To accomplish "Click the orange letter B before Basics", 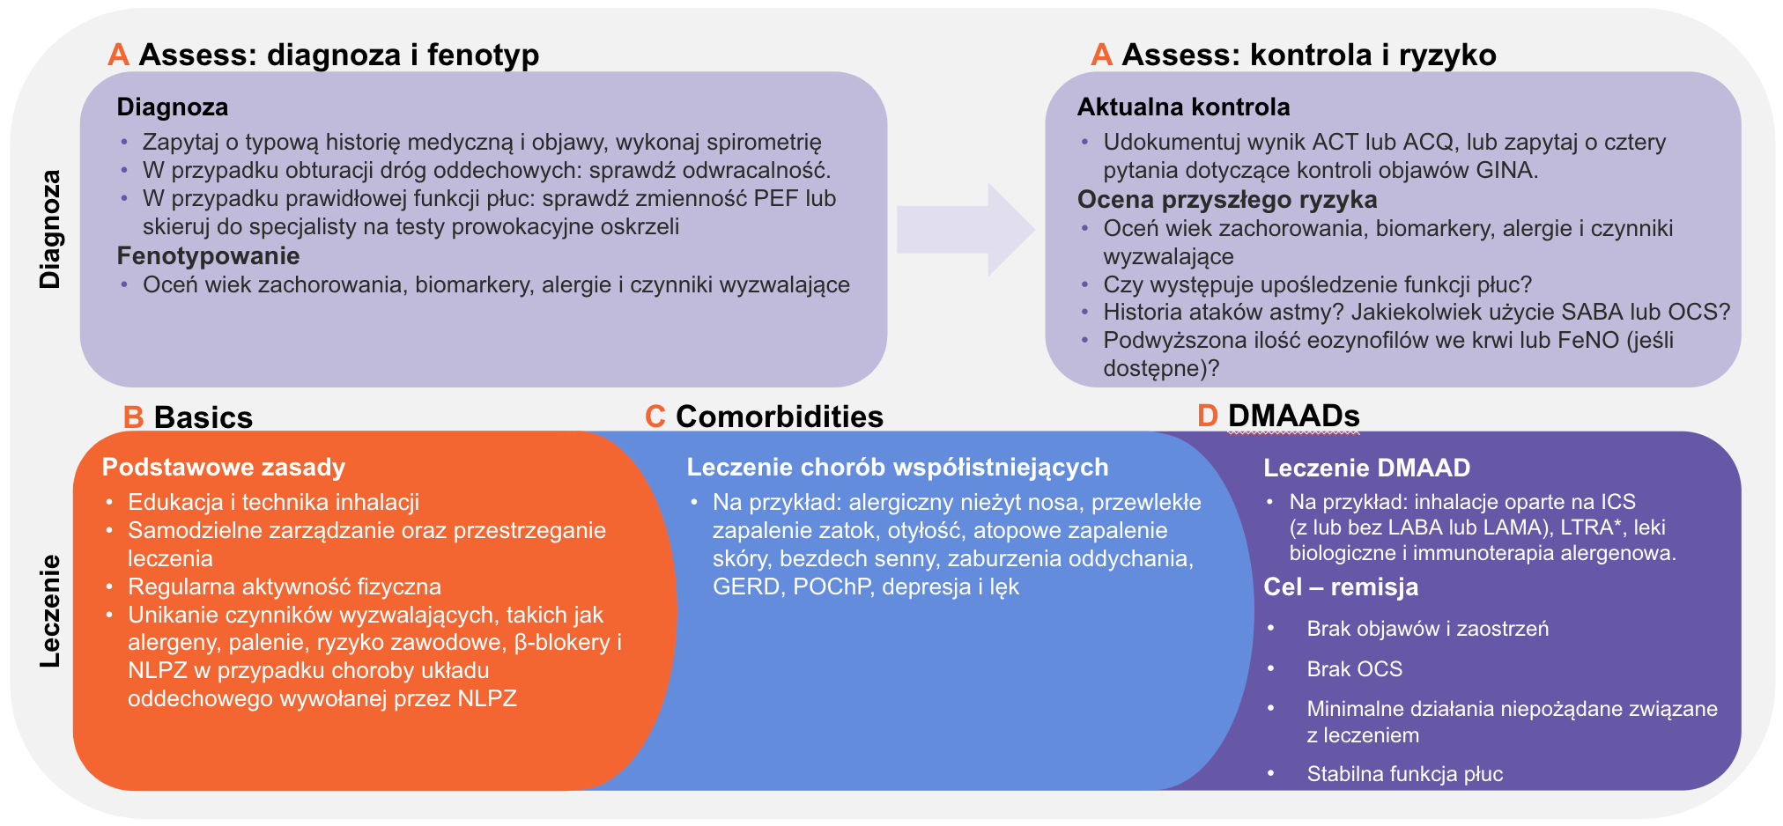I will click(x=133, y=417).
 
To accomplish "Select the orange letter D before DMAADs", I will click(x=1207, y=416).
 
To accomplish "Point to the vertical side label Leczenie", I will click(x=51, y=611).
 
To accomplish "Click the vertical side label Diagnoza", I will click(x=51, y=229).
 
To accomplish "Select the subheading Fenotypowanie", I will click(x=208, y=256).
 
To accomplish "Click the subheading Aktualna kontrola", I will click(x=1183, y=107).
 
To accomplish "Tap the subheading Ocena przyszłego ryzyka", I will click(x=1226, y=200).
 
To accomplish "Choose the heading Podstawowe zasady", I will click(x=223, y=468).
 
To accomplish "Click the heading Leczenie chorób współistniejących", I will click(x=897, y=468).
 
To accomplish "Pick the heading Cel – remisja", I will click(x=1340, y=587).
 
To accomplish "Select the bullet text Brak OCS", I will click(x=1354, y=669).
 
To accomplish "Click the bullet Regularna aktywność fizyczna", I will click(x=284, y=587).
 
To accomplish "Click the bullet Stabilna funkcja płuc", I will click(x=1404, y=774).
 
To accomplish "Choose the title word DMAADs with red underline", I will click(x=1293, y=416).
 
